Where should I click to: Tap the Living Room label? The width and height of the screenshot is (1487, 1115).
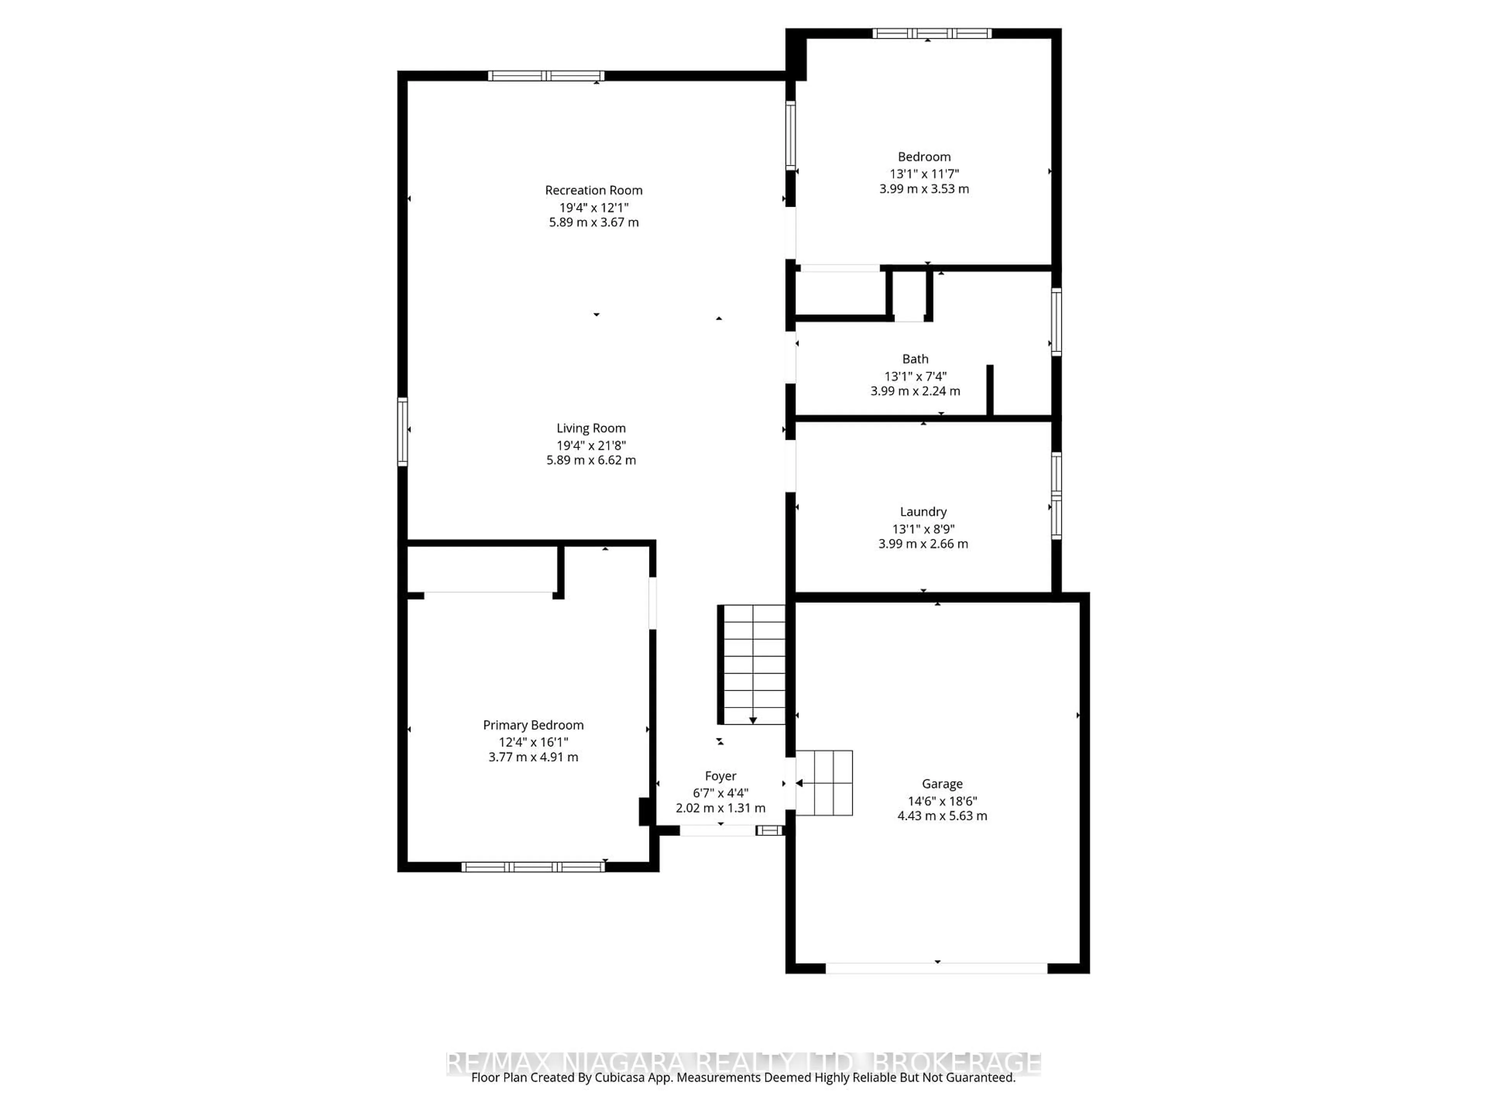click(591, 428)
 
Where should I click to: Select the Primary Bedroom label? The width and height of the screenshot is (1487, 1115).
click(533, 725)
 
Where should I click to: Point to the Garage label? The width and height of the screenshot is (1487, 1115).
click(942, 784)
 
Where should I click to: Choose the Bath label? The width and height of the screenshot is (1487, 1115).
click(915, 359)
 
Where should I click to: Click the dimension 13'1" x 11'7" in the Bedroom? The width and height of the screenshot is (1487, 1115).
click(924, 173)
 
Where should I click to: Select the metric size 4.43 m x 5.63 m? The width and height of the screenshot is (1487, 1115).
click(942, 816)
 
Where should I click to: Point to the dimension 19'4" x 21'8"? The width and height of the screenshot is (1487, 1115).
click(591, 445)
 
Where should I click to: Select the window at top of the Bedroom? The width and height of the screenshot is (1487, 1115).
click(932, 34)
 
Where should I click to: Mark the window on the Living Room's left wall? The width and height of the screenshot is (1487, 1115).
click(403, 432)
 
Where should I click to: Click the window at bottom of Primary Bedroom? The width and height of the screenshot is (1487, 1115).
click(533, 867)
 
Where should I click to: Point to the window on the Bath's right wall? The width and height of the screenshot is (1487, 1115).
click(1056, 321)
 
